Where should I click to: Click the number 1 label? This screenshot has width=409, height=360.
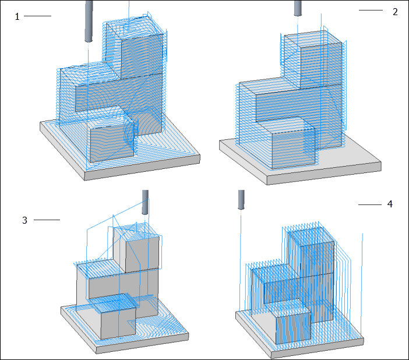(x=17, y=17)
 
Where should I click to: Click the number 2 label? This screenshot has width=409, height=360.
(x=395, y=12)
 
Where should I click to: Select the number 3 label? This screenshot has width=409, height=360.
(x=24, y=220)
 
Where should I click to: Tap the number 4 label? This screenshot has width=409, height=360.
(x=390, y=204)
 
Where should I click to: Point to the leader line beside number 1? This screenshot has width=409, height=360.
(x=37, y=16)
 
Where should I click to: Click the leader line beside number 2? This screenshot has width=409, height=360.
(x=371, y=10)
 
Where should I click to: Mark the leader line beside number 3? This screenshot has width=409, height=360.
(x=47, y=220)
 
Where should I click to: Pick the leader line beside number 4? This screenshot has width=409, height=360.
(x=370, y=205)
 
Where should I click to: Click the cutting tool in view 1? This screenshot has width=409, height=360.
(x=89, y=22)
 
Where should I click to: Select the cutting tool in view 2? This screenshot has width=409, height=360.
(x=298, y=8)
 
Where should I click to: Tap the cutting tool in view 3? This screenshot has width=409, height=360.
(x=145, y=202)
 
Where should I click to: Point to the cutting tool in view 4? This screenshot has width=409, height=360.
(x=241, y=200)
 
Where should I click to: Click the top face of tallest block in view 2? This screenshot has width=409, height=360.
(x=312, y=37)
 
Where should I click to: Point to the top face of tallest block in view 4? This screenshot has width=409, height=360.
(x=311, y=236)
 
